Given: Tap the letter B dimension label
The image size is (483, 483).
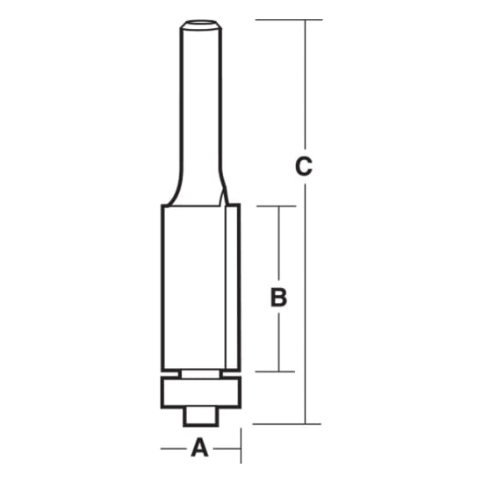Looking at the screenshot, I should tap(278, 298).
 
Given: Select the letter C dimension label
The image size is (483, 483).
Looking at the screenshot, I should tap(304, 166).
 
